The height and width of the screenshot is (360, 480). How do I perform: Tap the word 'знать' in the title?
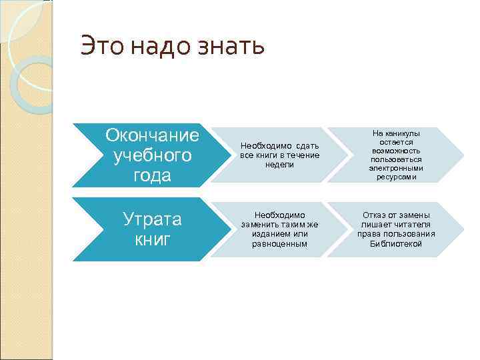233,46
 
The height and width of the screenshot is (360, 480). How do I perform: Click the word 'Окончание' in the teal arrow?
152,135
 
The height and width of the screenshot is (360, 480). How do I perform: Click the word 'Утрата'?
153,219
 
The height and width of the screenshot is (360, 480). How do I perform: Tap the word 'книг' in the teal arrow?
153,239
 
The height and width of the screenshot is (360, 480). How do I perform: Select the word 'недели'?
279,164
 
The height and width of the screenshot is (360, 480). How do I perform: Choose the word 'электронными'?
396,169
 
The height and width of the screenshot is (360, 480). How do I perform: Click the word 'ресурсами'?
396,177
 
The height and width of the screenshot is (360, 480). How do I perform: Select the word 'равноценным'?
279,243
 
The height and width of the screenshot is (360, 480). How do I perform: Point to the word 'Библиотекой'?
396,243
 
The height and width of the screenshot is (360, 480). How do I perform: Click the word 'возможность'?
396,151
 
